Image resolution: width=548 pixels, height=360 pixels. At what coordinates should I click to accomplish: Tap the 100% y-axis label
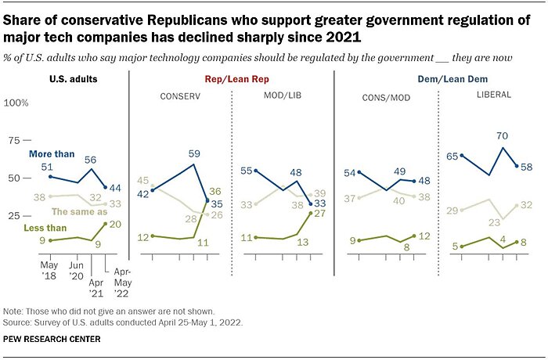coord(16,103)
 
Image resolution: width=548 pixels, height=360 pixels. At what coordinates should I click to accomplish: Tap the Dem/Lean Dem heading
coord(435,80)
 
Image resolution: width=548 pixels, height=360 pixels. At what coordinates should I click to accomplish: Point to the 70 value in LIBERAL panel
coord(502,135)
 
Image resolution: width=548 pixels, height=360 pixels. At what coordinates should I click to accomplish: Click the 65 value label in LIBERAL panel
coord(451,157)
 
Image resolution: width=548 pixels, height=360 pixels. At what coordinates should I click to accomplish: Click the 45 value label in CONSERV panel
coord(143,181)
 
